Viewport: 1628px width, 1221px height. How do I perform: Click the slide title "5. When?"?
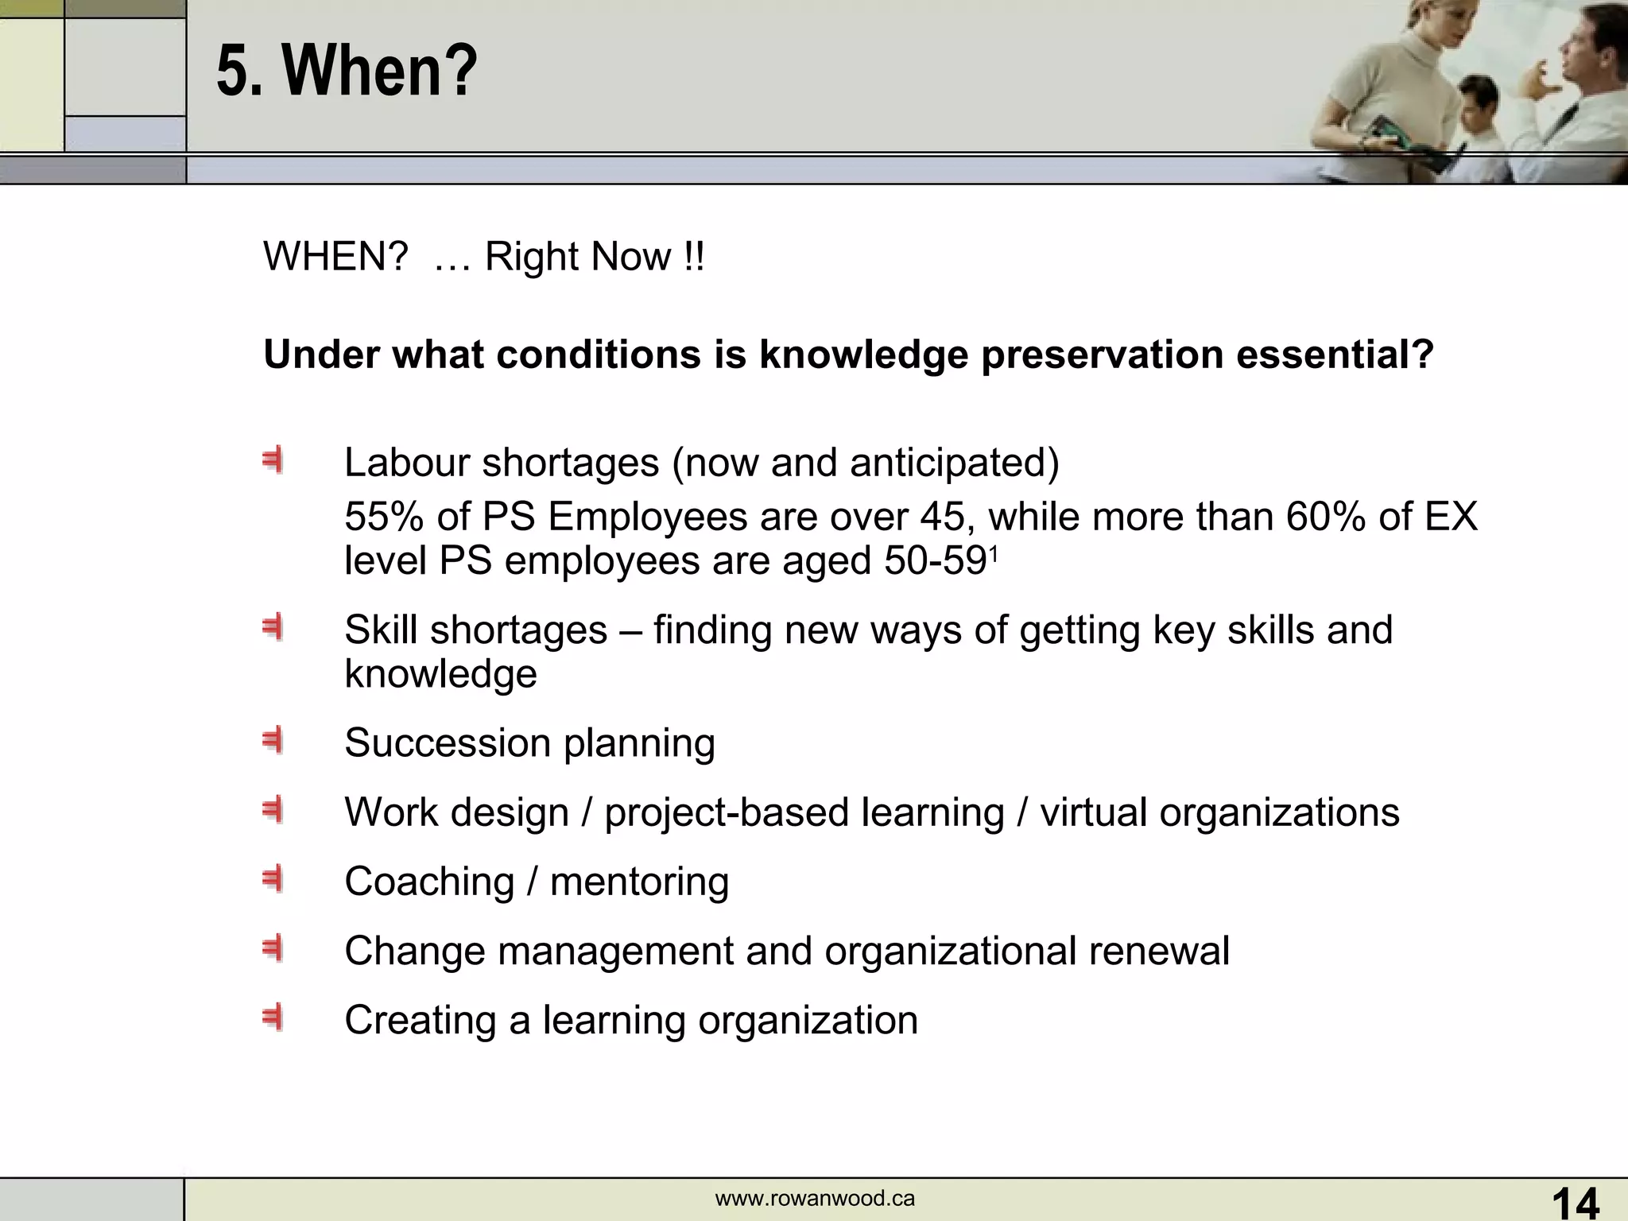347,72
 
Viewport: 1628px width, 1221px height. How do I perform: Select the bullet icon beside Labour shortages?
273,461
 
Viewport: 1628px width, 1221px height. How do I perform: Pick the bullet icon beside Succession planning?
273,742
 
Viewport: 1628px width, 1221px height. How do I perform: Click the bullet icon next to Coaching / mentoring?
273,880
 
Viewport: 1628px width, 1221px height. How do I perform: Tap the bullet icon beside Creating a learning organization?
273,1018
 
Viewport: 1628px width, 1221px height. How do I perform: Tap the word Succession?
447,743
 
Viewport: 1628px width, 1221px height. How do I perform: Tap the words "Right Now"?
578,258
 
